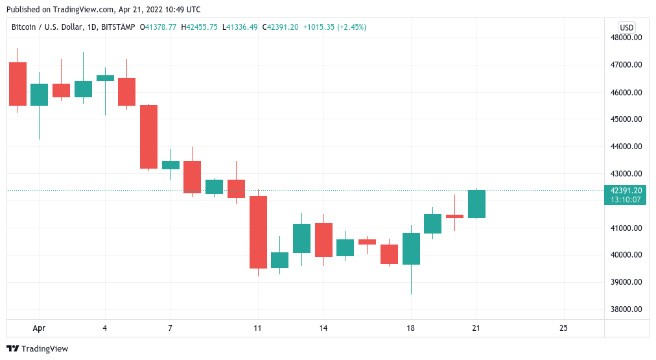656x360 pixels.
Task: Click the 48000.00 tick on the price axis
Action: coord(626,38)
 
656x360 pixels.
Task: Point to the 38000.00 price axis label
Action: coord(626,309)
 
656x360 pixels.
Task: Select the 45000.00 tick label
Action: coord(626,119)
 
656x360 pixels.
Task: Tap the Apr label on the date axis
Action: coord(39,328)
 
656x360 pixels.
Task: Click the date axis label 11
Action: coord(258,328)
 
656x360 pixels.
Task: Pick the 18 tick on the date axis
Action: coord(410,328)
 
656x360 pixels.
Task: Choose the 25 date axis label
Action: coord(563,328)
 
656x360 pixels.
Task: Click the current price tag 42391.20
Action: coord(626,190)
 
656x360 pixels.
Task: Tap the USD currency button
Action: coord(626,27)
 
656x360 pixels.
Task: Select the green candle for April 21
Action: coord(476,204)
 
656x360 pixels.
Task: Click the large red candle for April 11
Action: coord(258,232)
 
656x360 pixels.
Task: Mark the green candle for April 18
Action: coord(411,248)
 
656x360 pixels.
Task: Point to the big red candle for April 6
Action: coord(148,137)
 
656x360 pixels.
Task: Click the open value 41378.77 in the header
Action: coord(163,27)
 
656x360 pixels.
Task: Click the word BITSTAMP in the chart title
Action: coord(118,27)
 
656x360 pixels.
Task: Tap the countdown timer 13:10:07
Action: coord(626,200)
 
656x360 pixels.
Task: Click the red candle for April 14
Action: coord(323,240)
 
